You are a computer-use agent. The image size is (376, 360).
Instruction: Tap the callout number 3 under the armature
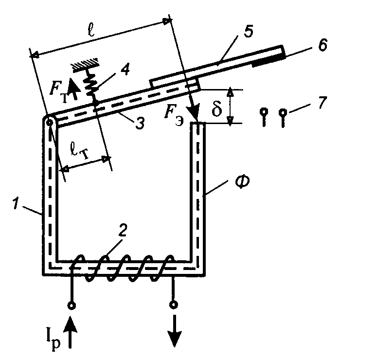click(x=140, y=124)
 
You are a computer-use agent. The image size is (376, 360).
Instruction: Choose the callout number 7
click(x=322, y=104)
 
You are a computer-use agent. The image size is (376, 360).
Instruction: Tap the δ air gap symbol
click(x=217, y=108)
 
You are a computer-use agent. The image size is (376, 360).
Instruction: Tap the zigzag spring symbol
click(x=90, y=84)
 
